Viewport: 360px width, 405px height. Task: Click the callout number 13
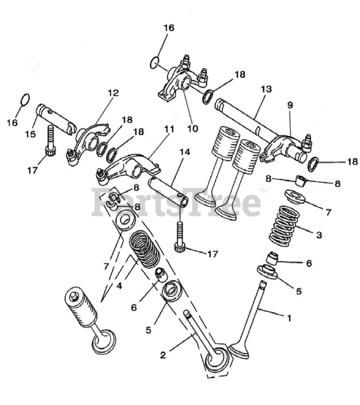266,89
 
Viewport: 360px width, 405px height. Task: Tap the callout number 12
113,93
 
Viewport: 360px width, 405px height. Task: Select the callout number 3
319,235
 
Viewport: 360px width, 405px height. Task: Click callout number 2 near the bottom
162,355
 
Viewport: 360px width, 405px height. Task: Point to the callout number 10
193,128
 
